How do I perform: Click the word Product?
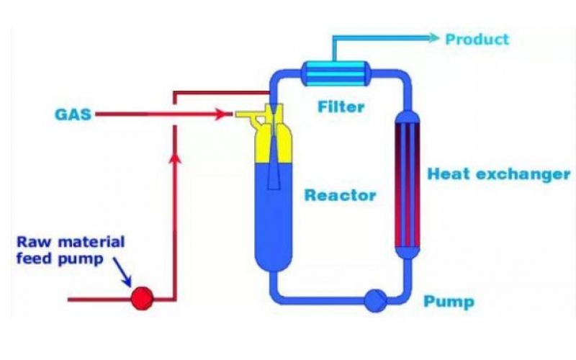tap(477, 39)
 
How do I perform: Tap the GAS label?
tap(73, 114)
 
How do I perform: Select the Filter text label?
tap(341, 108)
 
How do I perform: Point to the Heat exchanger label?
tap(498, 174)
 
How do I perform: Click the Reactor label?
tap(340, 195)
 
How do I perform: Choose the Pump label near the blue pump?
tap(449, 301)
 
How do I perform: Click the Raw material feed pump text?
tap(70, 250)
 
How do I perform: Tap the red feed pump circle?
tap(142, 297)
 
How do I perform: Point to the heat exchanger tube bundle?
tap(408, 184)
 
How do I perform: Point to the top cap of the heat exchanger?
tap(408, 117)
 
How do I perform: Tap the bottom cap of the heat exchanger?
tap(408, 252)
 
